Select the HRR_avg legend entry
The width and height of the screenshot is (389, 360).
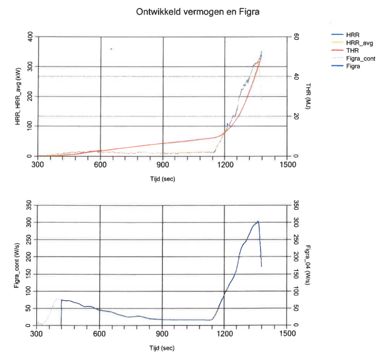359,44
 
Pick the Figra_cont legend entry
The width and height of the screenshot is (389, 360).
359,59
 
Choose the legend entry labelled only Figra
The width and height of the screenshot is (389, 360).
353,67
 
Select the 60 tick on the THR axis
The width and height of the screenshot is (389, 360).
296,37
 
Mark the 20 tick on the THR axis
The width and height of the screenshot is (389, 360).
296,117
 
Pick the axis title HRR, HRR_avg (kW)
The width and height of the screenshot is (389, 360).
18,96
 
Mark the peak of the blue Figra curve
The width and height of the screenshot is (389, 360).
258,221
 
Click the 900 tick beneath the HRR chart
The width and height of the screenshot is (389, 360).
162,164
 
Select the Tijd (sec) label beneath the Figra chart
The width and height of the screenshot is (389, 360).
162,349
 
